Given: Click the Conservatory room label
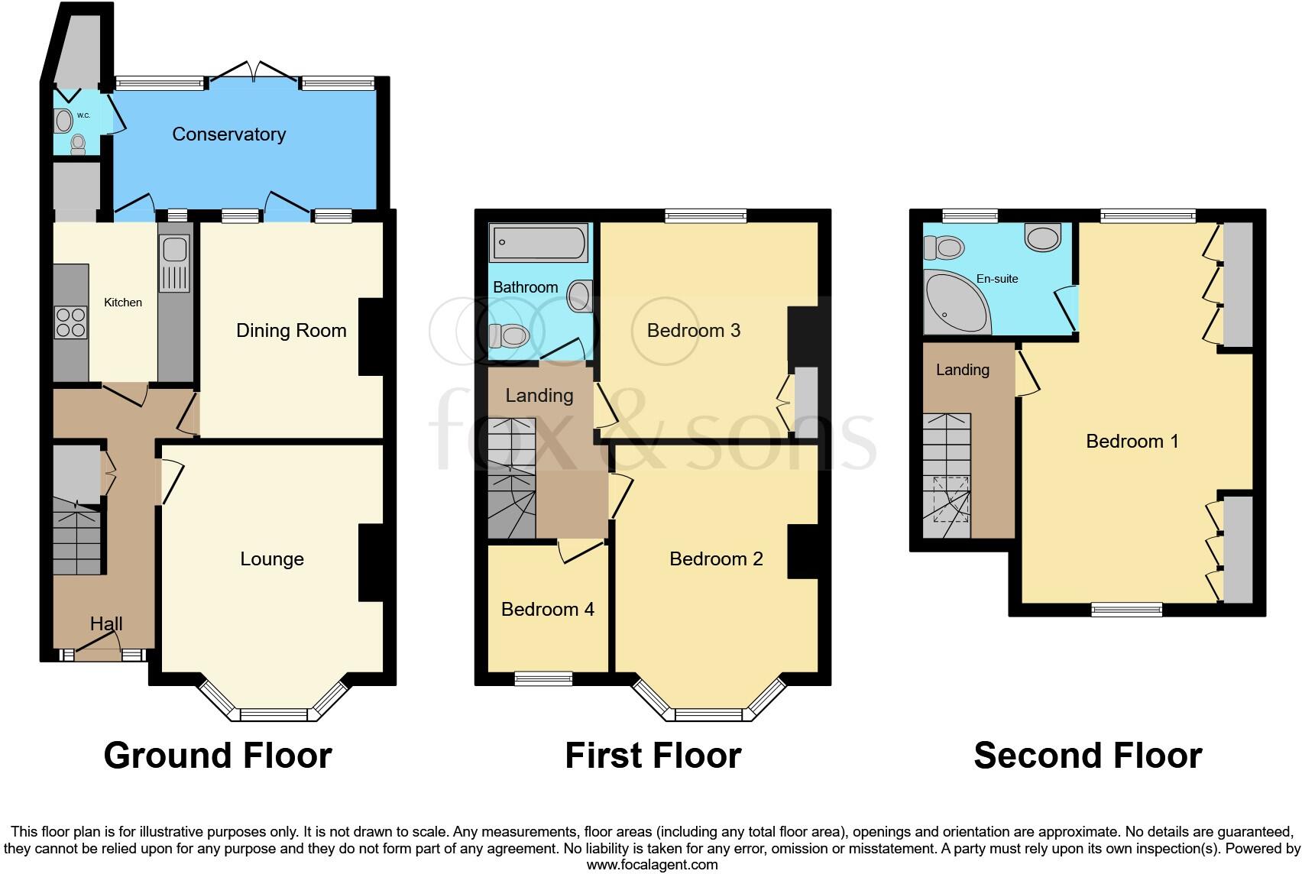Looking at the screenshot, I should point(228,134).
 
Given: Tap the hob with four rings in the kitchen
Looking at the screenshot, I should point(70,322).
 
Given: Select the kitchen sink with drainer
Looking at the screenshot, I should point(174,264).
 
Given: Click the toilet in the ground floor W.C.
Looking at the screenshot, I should point(78,144).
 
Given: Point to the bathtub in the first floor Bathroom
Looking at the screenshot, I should point(539,243).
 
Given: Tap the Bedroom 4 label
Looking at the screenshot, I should point(547,610).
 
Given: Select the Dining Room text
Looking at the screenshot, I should point(291,331).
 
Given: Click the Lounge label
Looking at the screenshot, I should point(272,559).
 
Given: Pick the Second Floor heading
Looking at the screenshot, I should point(1087,756).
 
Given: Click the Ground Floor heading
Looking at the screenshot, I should point(218,756).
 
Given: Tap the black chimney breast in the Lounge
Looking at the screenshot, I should point(371,562).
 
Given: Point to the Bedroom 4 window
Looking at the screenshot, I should point(543,678).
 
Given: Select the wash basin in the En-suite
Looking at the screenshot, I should point(1043,237).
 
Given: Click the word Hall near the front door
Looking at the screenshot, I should point(106,624).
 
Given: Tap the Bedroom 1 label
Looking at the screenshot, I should point(1132,442).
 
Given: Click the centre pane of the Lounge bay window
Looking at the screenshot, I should point(273,715).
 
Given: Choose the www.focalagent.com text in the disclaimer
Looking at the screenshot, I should point(652,865).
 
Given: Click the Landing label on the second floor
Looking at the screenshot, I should point(962,371).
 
